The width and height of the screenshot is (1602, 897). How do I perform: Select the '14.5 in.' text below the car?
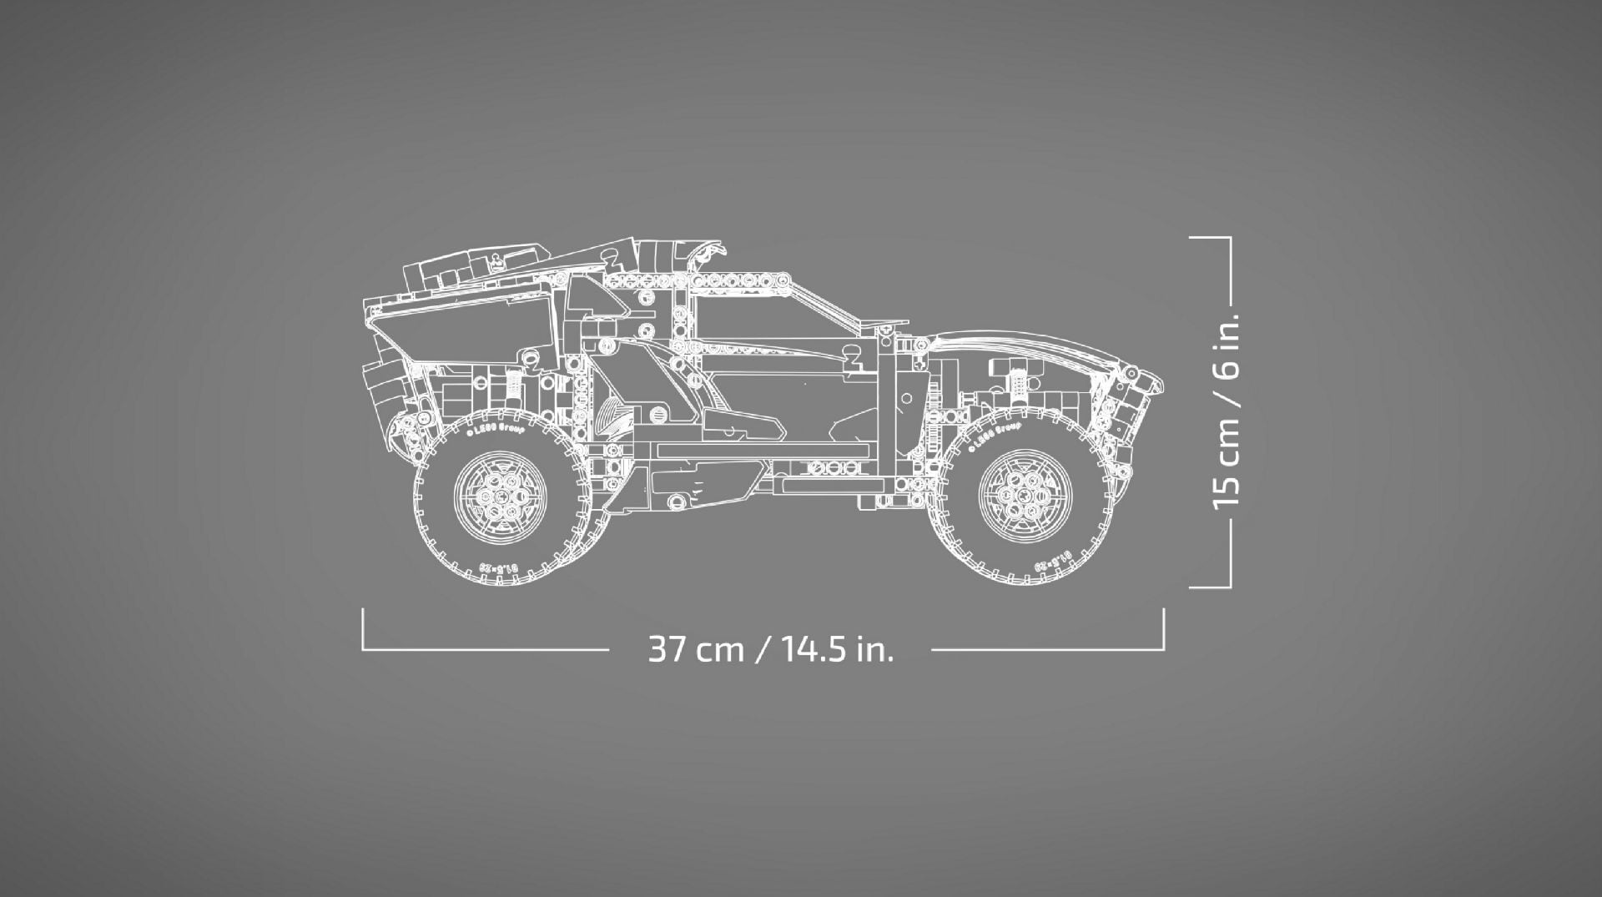(837, 649)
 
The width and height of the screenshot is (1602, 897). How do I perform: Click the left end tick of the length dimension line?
(363, 629)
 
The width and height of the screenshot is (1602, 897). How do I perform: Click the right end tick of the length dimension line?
(1163, 629)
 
